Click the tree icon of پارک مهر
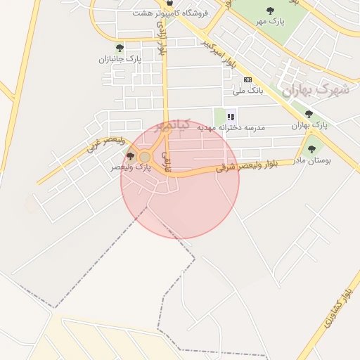point(271,11)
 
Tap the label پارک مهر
point(271,22)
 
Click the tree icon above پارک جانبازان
point(120,49)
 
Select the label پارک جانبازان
point(120,60)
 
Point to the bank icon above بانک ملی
point(247,79)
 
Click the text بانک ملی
point(247,91)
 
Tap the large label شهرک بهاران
point(316,90)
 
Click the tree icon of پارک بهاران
point(309,114)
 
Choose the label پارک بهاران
point(310,125)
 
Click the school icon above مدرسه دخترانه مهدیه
point(231,117)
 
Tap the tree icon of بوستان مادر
point(311,149)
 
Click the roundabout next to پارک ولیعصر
point(145,157)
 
